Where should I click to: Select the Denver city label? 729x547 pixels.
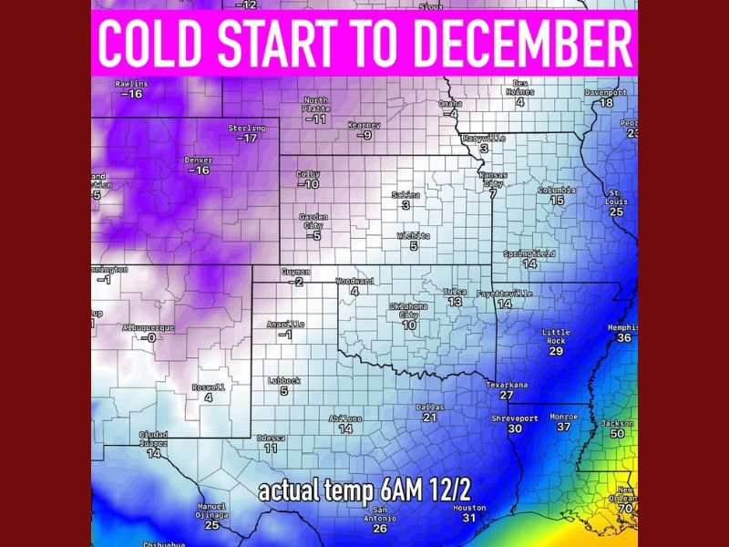198,160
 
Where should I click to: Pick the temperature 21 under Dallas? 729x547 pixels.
430,418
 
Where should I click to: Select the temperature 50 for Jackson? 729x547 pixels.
617,434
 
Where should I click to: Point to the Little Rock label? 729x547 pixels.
556,336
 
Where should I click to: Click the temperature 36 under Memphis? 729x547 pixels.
624,338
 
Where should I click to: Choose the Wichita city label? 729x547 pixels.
413,235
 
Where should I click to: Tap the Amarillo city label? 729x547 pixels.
285,325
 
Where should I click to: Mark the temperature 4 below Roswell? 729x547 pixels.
209,397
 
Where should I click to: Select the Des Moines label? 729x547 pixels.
520,87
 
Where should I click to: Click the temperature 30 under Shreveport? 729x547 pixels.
515,428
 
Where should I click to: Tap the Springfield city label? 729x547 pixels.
529,253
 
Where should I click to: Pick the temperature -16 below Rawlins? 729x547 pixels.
133,94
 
